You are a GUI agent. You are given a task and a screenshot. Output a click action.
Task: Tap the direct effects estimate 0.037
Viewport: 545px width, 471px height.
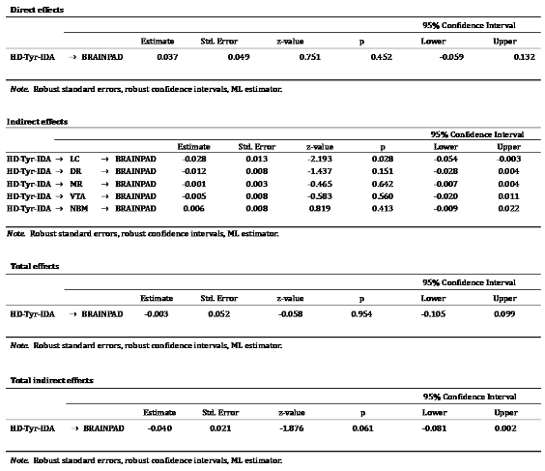(166, 57)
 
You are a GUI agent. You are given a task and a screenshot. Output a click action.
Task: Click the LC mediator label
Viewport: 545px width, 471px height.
(75, 158)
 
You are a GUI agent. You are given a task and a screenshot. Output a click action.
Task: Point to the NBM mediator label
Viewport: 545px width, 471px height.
(77, 208)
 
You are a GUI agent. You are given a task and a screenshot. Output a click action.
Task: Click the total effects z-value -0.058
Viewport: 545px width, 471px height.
(289, 314)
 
